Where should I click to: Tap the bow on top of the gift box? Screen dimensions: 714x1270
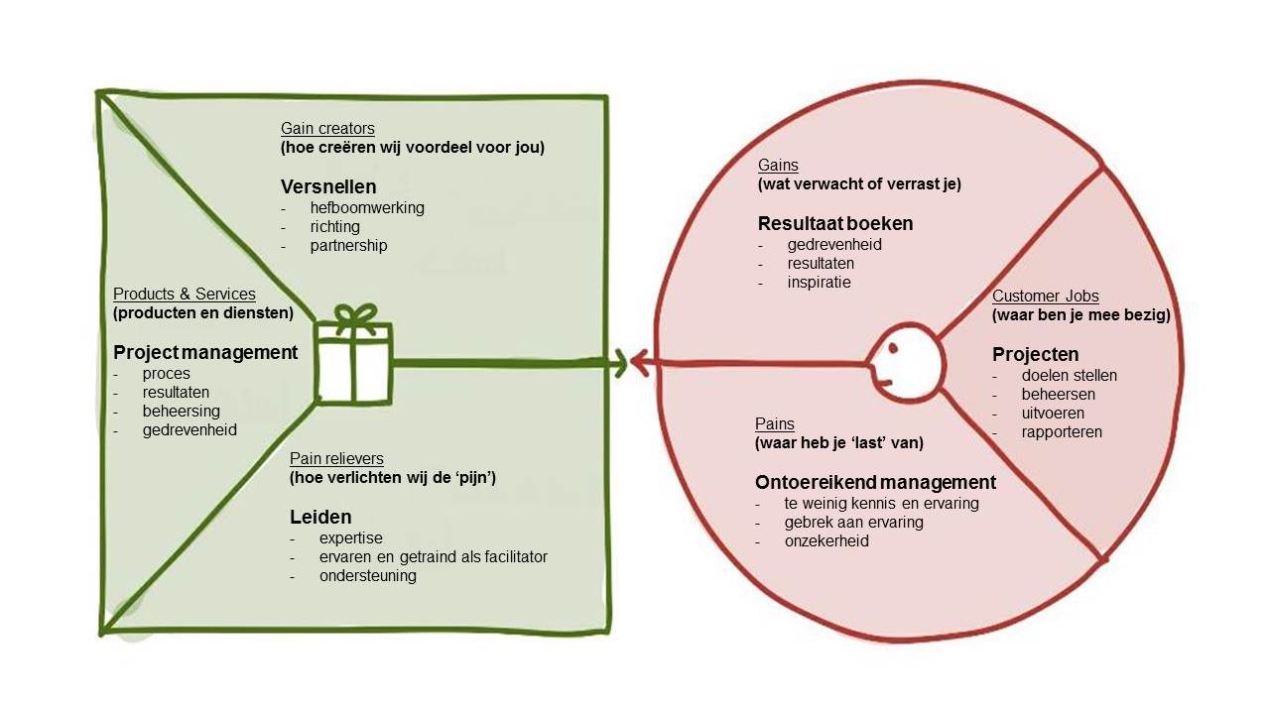[354, 317]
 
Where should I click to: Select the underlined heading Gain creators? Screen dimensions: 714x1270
[327, 128]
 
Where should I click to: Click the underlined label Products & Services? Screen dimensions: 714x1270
[184, 295]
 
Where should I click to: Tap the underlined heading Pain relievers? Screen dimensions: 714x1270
[336, 458]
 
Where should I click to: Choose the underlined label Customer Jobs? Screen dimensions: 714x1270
[1046, 297]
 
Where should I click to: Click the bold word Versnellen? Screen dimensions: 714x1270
[328, 186]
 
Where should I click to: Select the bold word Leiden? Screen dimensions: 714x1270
[320, 517]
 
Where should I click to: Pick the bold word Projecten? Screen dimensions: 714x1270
[1035, 354]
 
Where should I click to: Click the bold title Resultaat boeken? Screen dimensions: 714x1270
[835, 223]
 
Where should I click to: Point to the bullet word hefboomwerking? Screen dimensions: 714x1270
[367, 208]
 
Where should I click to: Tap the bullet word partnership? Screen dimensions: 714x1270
[348, 245]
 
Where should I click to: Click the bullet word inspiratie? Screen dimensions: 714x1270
[819, 283]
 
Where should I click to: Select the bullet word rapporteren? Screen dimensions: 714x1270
[1062, 431]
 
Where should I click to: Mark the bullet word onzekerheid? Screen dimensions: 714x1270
[826, 541]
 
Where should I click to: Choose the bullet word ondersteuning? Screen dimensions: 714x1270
[368, 575]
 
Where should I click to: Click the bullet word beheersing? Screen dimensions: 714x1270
[182, 411]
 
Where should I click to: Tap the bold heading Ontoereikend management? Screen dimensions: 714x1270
[875, 483]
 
